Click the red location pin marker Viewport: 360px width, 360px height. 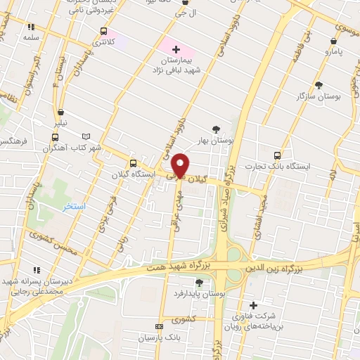point(181,165)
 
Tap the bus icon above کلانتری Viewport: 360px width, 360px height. point(104,32)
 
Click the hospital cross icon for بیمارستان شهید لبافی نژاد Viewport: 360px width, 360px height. point(176,50)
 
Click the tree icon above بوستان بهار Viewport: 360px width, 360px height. point(215,129)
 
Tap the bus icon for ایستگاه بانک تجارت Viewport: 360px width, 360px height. point(277,155)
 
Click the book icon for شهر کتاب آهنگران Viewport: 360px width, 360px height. point(86,136)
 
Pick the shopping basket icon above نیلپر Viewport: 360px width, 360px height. point(61,112)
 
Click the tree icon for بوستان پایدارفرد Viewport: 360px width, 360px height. point(200,283)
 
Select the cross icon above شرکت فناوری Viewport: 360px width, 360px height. point(253,304)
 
